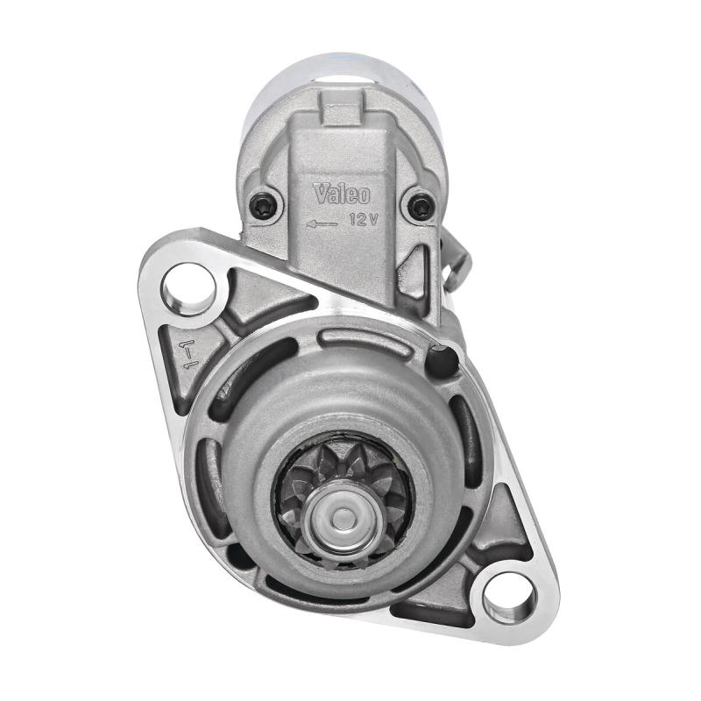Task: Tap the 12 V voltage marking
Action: coord(364,219)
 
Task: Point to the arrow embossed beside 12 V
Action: coord(322,223)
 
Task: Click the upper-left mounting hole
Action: coord(189,288)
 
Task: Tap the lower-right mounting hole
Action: coord(510,598)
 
